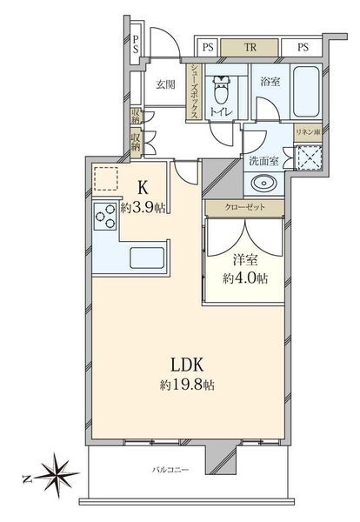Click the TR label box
(250, 48)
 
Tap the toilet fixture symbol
(221, 90)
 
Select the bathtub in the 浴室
(306, 91)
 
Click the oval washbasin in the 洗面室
(263, 183)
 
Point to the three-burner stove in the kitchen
(105, 216)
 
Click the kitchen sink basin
(147, 258)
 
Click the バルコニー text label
(170, 470)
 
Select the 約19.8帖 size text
(187, 385)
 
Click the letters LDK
(187, 365)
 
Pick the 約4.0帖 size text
(245, 278)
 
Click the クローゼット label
(245, 207)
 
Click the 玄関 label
(165, 84)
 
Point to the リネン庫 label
(309, 132)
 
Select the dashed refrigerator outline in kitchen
(106, 178)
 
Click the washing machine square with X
(309, 157)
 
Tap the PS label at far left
(136, 44)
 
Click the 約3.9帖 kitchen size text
(143, 208)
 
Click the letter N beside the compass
(26, 479)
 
